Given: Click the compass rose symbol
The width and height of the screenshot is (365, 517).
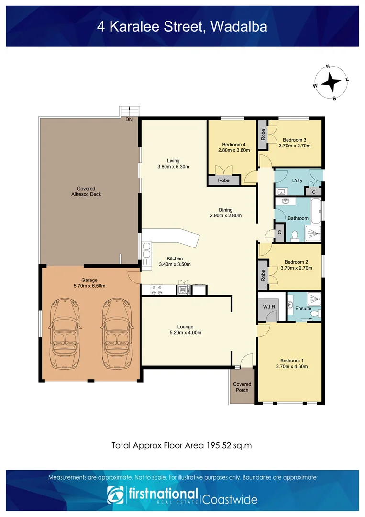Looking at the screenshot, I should pyautogui.click(x=331, y=82).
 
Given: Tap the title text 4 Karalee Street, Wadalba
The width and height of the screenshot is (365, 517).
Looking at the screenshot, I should pyautogui.click(x=182, y=26).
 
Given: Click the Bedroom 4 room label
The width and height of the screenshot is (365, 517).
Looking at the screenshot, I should pyautogui.click(x=233, y=145).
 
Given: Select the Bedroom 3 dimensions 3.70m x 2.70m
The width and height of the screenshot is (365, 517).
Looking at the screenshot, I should pyautogui.click(x=296, y=146).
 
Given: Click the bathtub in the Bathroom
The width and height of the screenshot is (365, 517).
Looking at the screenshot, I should pyautogui.click(x=316, y=213).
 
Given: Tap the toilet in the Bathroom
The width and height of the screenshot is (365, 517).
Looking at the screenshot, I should pyautogui.click(x=295, y=235).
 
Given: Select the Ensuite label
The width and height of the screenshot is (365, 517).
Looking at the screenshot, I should pyautogui.click(x=303, y=309).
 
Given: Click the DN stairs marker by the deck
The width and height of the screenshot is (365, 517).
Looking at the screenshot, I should pyautogui.click(x=129, y=119).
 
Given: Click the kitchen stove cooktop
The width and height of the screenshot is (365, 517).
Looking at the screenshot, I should pyautogui.click(x=156, y=289).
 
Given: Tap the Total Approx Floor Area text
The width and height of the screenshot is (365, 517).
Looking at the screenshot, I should pyautogui.click(x=182, y=445).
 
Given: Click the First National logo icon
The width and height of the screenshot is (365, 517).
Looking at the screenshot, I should pyautogui.click(x=116, y=496).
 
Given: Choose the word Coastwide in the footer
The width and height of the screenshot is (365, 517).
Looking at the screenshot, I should pyautogui.click(x=230, y=500).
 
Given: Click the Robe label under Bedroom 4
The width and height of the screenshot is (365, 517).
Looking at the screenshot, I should pyautogui.click(x=223, y=180).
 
